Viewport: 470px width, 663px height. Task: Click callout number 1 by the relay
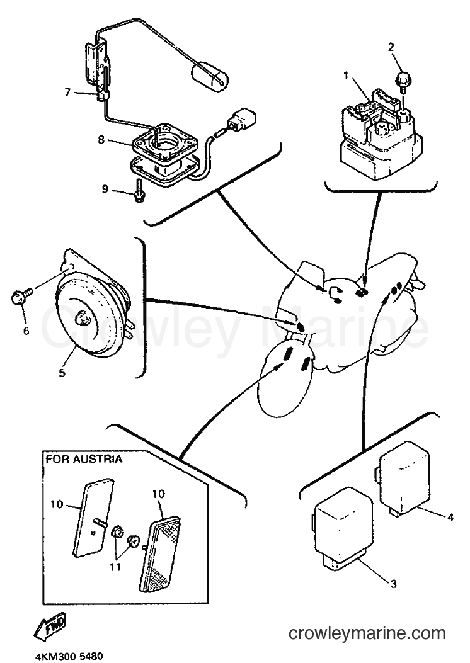tap(346, 76)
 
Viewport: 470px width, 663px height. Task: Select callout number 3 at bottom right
tap(393, 584)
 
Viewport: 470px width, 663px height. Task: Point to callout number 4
tap(450, 517)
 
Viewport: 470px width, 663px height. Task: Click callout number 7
tap(67, 92)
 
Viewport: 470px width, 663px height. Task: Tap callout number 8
tap(101, 139)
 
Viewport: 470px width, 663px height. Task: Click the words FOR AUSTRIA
tap(84, 459)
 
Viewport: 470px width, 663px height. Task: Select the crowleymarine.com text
tap(367, 633)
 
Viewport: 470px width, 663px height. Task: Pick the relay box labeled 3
tap(343, 527)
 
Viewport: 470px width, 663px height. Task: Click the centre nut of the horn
tap(82, 317)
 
